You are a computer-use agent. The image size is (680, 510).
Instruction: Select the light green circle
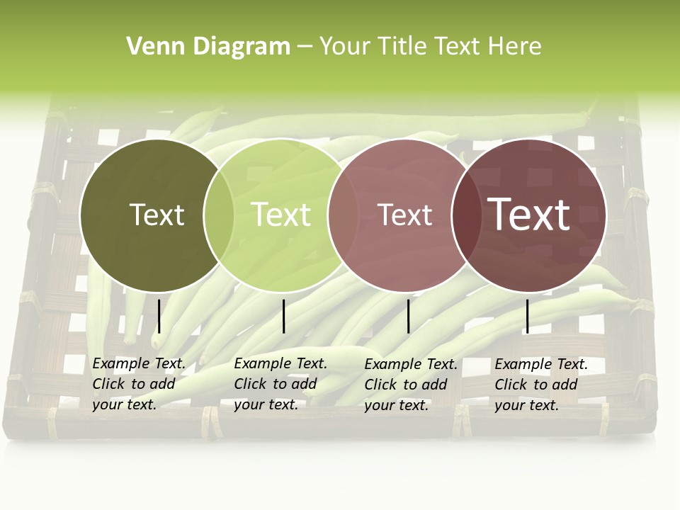283,255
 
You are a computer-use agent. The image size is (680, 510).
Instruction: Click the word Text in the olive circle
157,215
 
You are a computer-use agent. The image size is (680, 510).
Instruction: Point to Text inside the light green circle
281,215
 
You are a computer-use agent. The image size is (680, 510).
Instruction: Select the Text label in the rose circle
404,215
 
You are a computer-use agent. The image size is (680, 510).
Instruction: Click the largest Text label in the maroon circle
529,214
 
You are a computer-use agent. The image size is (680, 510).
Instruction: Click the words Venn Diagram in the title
208,47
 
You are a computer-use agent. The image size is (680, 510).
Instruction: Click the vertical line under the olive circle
159,316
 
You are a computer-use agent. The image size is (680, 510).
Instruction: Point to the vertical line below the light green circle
283,316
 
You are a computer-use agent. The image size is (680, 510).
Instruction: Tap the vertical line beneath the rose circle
408,316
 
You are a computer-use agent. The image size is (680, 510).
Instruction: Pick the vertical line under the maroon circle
527,316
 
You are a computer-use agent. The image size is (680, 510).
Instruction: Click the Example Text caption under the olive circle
139,384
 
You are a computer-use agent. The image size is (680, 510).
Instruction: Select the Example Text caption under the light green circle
280,384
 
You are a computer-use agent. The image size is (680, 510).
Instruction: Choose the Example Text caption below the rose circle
411,385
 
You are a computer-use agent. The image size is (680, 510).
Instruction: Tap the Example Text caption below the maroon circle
541,385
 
